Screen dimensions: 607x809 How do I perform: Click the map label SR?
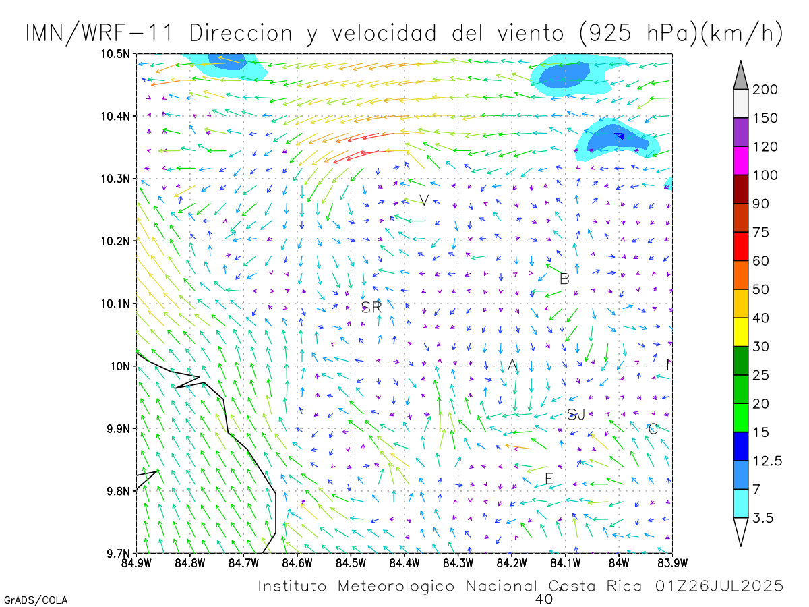click(x=371, y=308)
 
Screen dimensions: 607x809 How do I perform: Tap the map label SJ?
click(x=576, y=415)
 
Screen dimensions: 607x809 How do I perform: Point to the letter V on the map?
click(x=424, y=200)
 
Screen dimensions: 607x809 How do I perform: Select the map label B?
click(x=565, y=279)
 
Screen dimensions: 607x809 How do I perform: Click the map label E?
click(x=549, y=479)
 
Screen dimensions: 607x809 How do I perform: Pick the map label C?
click(x=653, y=429)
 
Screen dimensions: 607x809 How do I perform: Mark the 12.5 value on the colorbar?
click(x=767, y=461)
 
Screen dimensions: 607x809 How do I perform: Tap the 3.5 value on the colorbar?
click(x=765, y=518)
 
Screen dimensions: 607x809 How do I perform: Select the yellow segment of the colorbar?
click(x=740, y=332)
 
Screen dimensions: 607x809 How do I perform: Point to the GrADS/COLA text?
click(x=36, y=600)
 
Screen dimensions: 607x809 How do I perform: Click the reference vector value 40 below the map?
click(x=544, y=599)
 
